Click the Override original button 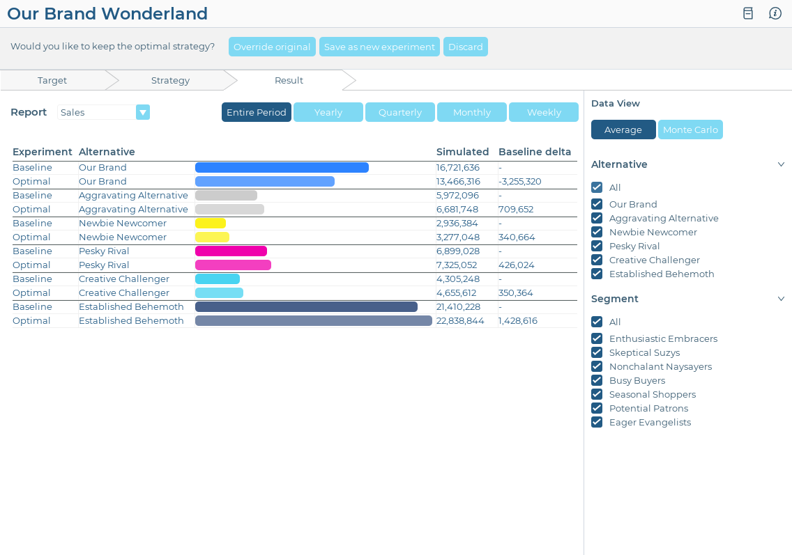pos(272,47)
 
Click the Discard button pos(465,47)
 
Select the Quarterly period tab pos(399,112)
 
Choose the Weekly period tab pos(543,112)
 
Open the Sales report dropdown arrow pos(143,112)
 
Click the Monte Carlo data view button pos(690,130)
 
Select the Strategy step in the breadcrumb pos(170,80)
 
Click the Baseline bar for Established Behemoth pos(306,306)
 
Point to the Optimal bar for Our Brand pos(265,181)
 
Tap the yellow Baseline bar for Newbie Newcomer pos(211,223)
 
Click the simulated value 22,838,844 pos(460,320)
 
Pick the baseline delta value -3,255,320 pos(519,181)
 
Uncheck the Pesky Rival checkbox pos(597,246)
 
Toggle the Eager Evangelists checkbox pos(597,422)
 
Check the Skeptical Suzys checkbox pos(597,352)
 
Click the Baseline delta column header pos(534,152)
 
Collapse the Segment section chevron pos(781,299)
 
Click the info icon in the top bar pos(775,13)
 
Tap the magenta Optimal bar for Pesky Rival pos(233,265)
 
